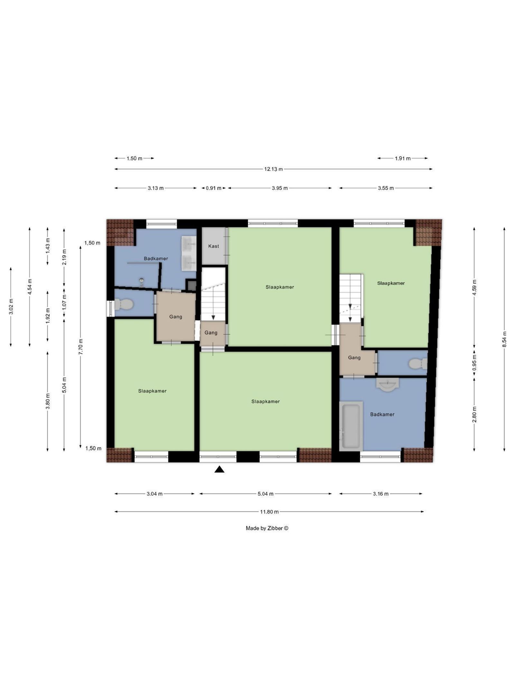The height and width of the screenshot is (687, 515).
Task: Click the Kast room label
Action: pos(213,246)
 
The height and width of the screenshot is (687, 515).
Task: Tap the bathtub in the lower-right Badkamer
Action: pos(351,426)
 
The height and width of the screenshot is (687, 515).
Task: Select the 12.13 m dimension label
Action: pos(273,169)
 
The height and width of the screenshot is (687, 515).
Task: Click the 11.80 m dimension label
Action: pos(269,511)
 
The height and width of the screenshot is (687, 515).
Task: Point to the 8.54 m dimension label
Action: pos(504,339)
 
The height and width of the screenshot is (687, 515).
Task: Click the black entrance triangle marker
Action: pos(219,469)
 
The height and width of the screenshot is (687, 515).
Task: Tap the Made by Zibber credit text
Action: pos(267,528)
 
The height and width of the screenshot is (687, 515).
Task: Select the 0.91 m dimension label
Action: pos(213,188)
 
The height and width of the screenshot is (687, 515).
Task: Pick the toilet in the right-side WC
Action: pos(418,364)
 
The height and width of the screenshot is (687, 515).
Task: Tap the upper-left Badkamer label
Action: pos(156,258)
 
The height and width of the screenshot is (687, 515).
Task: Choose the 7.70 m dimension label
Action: pos(81,347)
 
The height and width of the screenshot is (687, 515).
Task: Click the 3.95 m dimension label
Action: pos(280,188)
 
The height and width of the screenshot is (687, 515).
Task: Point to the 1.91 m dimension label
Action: pos(403,158)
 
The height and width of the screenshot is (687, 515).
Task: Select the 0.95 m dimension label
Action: pos(474,363)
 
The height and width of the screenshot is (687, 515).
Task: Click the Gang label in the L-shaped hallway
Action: pos(354,358)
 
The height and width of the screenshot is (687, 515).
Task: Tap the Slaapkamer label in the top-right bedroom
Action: pos(391,283)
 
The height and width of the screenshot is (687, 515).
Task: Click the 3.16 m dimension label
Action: pos(381,494)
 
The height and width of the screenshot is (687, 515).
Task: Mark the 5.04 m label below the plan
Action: pos(266,494)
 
